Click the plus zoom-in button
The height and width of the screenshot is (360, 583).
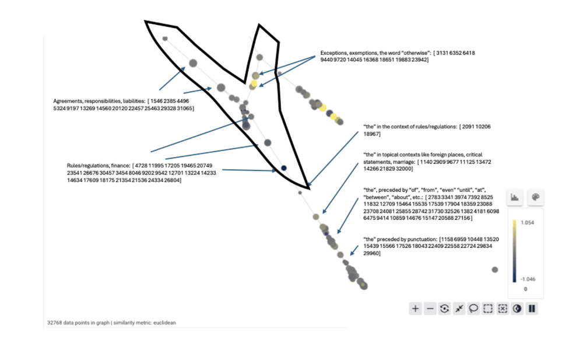click(415, 309)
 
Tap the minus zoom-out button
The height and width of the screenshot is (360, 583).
click(430, 309)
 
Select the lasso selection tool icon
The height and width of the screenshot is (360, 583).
click(473, 309)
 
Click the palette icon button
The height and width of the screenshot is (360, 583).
click(535, 198)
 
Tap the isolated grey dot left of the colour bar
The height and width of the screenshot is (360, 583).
click(495, 270)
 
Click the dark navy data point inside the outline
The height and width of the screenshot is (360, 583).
click(284, 168)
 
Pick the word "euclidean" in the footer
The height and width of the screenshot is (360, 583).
click(166, 321)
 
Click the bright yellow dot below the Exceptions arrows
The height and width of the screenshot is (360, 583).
click(255, 83)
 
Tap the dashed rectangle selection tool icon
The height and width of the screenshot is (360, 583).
click(488, 309)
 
